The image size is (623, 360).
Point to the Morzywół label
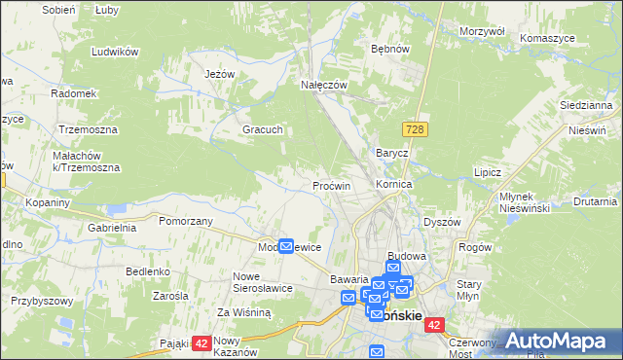(x=483, y=31)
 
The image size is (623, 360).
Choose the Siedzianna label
(x=585, y=103)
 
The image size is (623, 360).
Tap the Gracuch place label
(x=263, y=129)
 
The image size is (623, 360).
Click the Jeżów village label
(x=222, y=74)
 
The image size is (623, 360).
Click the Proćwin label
(x=332, y=185)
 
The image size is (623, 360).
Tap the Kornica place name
(x=394, y=183)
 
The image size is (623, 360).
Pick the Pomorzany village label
(x=186, y=221)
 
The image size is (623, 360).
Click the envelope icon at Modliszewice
(x=286, y=247)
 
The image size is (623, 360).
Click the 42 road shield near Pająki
(x=202, y=342)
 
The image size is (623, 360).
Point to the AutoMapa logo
(x=559, y=342)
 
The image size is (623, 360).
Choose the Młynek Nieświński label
(x=525, y=201)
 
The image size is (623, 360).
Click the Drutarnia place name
(x=595, y=202)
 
